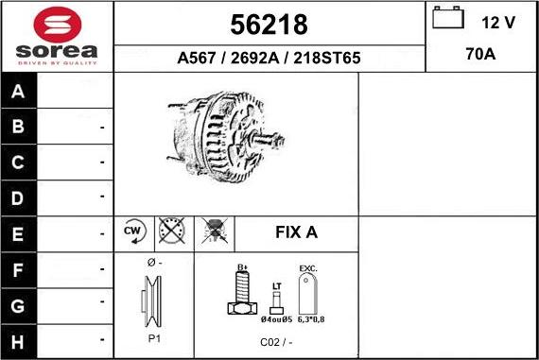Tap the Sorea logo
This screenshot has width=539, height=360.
coord(57,37)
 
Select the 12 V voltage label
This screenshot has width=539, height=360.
coord(497,22)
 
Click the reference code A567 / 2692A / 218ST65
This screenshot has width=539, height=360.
coord(269,58)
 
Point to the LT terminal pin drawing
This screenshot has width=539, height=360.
coord(276,301)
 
